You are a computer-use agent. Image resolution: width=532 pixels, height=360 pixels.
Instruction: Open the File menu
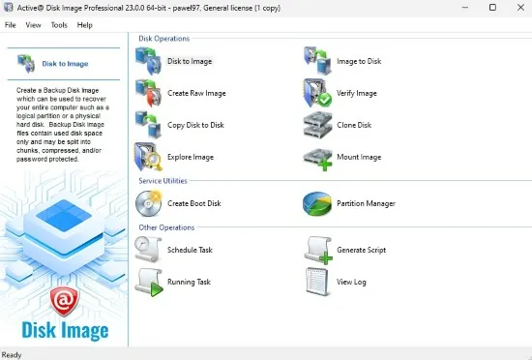(11, 25)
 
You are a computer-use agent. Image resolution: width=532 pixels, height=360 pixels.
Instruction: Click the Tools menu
(59, 25)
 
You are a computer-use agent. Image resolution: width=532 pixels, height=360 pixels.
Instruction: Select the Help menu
(84, 25)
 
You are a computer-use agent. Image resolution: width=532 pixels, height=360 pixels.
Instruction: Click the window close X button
(520, 7)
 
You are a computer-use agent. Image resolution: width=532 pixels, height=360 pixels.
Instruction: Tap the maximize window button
(492, 7)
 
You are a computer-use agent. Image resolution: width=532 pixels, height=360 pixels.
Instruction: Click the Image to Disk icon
(317, 61)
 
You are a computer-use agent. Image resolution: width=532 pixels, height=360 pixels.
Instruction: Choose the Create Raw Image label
(196, 93)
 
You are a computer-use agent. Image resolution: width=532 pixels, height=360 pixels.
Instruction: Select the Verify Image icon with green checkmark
(317, 93)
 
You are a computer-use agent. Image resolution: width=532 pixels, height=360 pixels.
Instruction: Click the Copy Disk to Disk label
(195, 125)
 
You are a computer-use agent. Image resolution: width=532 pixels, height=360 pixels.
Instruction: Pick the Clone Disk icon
(317, 125)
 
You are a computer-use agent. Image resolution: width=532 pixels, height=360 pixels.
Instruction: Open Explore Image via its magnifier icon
(149, 157)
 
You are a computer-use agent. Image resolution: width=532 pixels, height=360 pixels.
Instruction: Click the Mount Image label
(359, 157)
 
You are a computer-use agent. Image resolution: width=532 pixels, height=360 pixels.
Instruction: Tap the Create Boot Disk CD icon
(149, 203)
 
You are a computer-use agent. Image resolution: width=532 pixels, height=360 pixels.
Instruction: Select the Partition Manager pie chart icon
(317, 203)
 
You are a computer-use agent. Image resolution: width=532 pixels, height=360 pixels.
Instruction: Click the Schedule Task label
(190, 250)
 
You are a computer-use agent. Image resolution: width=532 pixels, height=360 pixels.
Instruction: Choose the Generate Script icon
(318, 250)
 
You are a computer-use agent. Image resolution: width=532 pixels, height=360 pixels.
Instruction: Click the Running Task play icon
(149, 283)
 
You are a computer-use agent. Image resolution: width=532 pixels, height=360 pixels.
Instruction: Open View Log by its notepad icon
(317, 282)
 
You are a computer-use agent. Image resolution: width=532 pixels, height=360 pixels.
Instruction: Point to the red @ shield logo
(65, 301)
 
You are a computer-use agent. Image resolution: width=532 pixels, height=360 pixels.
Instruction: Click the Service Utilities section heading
(163, 181)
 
